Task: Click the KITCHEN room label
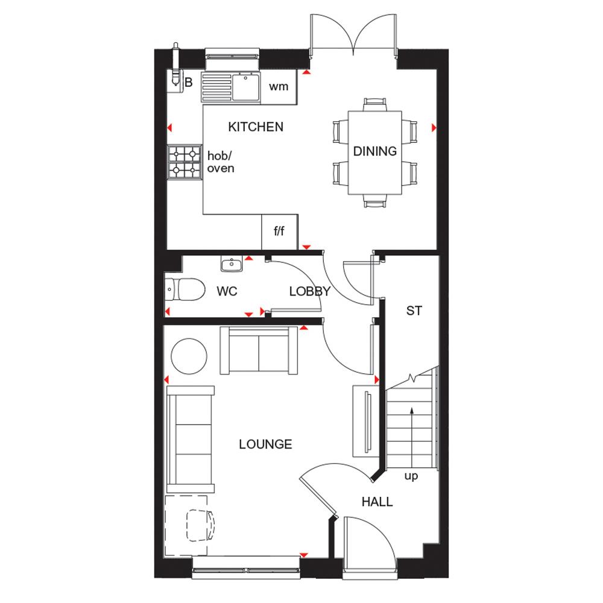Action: (x=255, y=127)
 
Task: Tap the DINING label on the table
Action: (x=375, y=151)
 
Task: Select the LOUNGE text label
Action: (x=265, y=444)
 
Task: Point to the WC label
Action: (x=227, y=291)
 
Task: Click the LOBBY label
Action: (x=309, y=291)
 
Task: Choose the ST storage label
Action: (x=414, y=311)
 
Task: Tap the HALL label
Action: (x=377, y=501)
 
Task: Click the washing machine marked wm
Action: (x=279, y=86)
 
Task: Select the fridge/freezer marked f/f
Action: (x=279, y=232)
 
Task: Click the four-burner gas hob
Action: (x=185, y=162)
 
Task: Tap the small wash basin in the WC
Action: (x=232, y=264)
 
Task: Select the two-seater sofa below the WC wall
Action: (x=259, y=350)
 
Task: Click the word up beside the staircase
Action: (x=411, y=476)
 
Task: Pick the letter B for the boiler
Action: (x=189, y=83)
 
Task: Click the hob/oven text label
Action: (x=221, y=162)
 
